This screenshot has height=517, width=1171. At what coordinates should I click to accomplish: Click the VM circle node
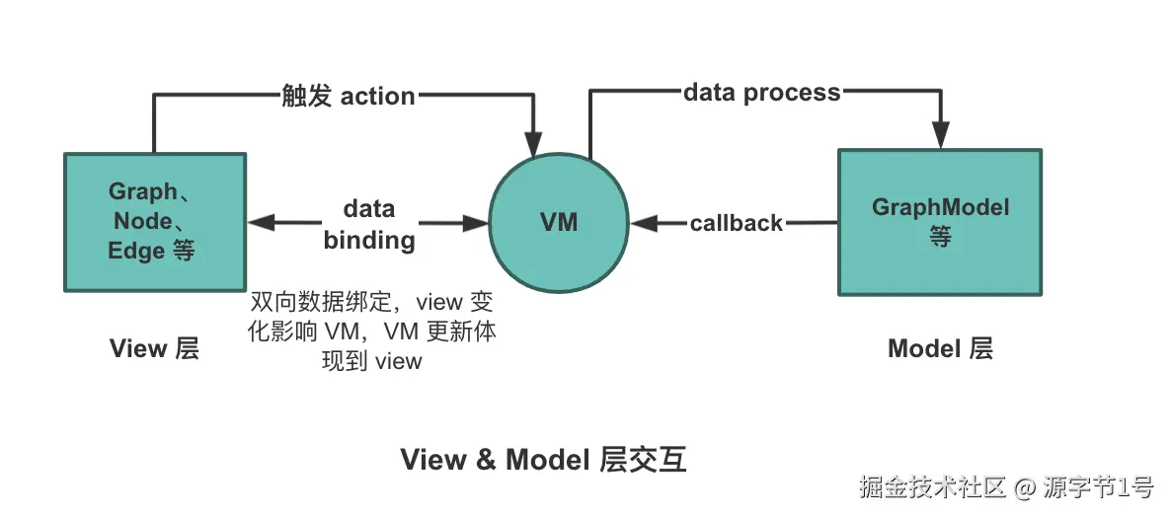[559, 223]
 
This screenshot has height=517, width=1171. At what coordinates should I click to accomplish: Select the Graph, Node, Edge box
[155, 222]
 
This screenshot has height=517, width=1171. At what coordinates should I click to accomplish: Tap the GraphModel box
[939, 222]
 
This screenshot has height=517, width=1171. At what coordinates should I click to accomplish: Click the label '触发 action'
[348, 96]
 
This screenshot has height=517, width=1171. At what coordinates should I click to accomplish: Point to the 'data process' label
[761, 93]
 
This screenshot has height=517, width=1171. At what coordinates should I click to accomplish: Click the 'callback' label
[736, 223]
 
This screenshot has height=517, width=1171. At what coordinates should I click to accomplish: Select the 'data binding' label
[368, 224]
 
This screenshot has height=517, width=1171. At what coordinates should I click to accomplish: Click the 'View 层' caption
[154, 348]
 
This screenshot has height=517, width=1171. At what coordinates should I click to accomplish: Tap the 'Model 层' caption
[939, 348]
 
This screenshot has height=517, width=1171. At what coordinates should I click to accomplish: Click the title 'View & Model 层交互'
[543, 460]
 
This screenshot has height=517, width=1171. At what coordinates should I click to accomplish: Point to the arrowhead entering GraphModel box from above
[941, 136]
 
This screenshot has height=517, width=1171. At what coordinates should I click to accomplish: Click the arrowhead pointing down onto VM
[534, 143]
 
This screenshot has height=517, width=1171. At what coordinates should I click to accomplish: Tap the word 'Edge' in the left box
[136, 251]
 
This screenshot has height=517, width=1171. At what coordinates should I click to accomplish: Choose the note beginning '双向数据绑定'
[371, 331]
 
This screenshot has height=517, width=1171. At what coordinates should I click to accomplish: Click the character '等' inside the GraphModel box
[940, 237]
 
